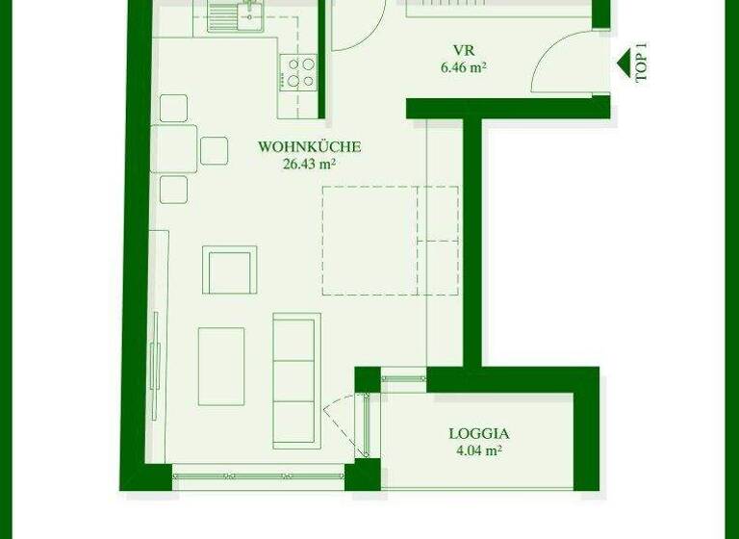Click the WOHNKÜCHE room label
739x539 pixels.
(x=309, y=147)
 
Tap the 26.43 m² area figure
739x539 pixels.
(x=309, y=164)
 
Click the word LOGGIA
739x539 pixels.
(x=478, y=433)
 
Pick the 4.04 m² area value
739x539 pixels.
(x=478, y=450)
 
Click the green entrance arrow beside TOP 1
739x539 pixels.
(x=624, y=64)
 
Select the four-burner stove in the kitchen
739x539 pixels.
(x=298, y=71)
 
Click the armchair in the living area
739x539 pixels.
(x=230, y=269)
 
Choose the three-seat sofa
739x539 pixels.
(x=294, y=359)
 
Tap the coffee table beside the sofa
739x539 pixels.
(x=221, y=366)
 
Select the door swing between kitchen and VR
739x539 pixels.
(x=353, y=27)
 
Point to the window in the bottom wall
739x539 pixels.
(x=258, y=474)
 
